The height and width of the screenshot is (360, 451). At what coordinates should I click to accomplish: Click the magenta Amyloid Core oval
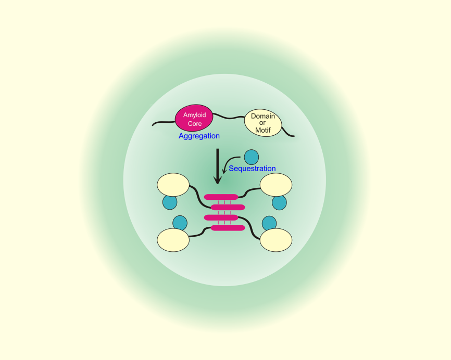click(x=194, y=118)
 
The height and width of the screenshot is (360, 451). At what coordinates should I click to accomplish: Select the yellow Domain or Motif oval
click(x=263, y=123)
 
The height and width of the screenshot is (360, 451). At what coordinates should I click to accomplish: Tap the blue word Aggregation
click(x=199, y=136)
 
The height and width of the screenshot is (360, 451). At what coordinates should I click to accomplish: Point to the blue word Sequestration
click(x=252, y=169)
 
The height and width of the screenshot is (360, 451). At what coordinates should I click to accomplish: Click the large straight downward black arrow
click(x=218, y=166)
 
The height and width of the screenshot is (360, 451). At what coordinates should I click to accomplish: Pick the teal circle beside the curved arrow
click(x=252, y=157)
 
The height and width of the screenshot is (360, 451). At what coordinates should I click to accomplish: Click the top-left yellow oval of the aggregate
click(x=173, y=185)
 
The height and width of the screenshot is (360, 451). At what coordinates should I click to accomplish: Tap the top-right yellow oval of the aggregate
click(x=276, y=185)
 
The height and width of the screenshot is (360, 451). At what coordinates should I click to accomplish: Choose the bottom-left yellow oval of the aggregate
click(x=173, y=240)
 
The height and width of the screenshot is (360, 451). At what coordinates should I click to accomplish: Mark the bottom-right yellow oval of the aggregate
click(x=276, y=240)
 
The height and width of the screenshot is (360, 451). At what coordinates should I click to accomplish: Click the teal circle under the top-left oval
click(x=170, y=202)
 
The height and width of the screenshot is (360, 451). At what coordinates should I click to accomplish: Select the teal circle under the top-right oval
click(x=279, y=203)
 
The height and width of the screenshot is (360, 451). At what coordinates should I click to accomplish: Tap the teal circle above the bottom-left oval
click(x=180, y=223)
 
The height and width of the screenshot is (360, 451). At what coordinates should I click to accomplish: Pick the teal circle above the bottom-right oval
click(x=269, y=223)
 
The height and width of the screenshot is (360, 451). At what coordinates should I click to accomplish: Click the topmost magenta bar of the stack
click(x=221, y=197)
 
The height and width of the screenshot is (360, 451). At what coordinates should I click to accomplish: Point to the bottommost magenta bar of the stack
click(x=228, y=228)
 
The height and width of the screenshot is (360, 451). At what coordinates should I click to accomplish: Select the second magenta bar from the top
click(x=228, y=207)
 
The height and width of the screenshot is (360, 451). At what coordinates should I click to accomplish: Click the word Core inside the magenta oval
click(x=195, y=124)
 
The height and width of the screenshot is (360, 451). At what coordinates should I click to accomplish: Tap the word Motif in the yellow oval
click(x=263, y=131)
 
